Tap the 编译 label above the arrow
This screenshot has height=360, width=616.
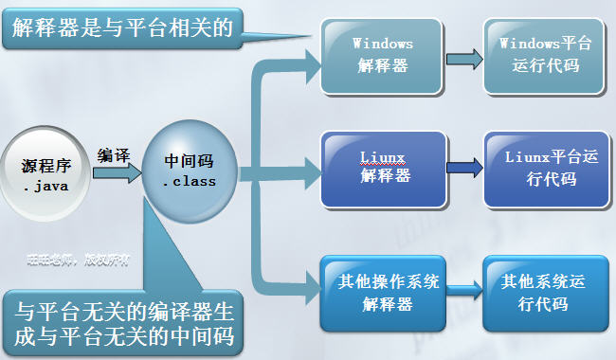pos(115,154)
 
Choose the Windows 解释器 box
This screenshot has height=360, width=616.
pos(382,56)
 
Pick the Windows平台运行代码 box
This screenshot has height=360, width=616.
pos(543,56)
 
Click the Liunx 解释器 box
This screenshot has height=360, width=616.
pos(383,168)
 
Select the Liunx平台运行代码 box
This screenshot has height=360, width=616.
pos(543,169)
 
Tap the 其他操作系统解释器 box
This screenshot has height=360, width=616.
pos(383,291)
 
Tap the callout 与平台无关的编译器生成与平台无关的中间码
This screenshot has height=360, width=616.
pos(123,322)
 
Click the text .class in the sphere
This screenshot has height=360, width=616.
pos(189,180)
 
